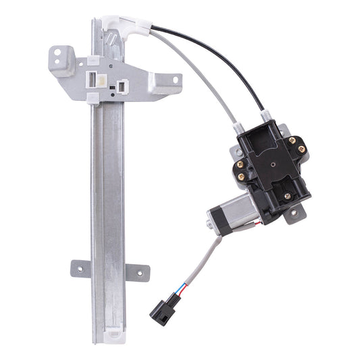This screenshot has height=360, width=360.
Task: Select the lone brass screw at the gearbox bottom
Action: click(x=287, y=197)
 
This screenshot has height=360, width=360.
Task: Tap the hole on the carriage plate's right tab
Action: click(x=174, y=80)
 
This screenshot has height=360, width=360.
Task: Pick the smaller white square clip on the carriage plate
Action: click(x=122, y=86)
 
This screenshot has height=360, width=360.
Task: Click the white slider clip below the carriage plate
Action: click(x=93, y=99)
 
